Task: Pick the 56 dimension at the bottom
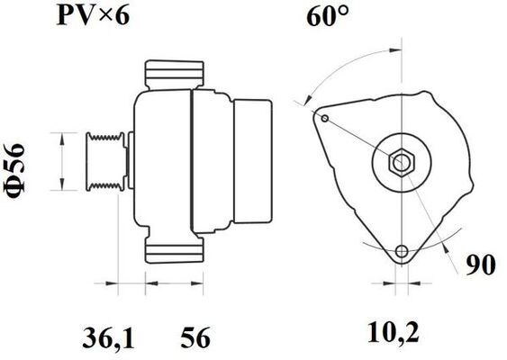tap(195, 338)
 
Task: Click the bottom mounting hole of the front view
tap(402, 251)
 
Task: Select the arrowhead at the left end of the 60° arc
tap(309, 103)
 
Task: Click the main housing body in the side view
tap(162, 162)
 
